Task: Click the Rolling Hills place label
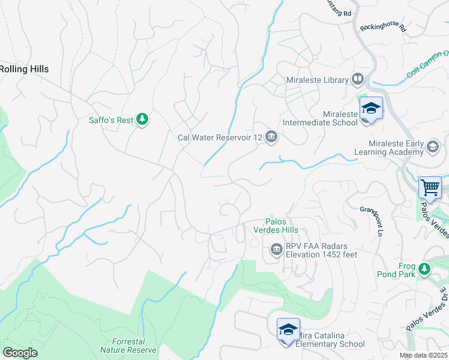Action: click(x=24, y=69)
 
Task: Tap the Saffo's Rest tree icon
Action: click(x=142, y=120)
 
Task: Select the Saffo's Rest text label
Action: click(x=111, y=120)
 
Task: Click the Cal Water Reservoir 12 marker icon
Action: click(x=271, y=137)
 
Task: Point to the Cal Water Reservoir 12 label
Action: click(x=220, y=137)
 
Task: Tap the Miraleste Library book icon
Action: click(x=358, y=79)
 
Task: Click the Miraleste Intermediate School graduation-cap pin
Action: click(x=371, y=109)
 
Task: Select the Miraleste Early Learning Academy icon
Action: click(x=432, y=146)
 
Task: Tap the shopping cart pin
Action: click(x=430, y=188)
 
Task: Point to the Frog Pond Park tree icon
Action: click(x=425, y=269)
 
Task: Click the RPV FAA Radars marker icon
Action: click(x=276, y=249)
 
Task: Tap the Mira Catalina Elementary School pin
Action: click(x=288, y=331)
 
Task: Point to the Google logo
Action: click(x=20, y=353)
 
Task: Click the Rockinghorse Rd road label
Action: click(x=383, y=28)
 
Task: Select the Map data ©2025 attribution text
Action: click(x=423, y=355)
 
